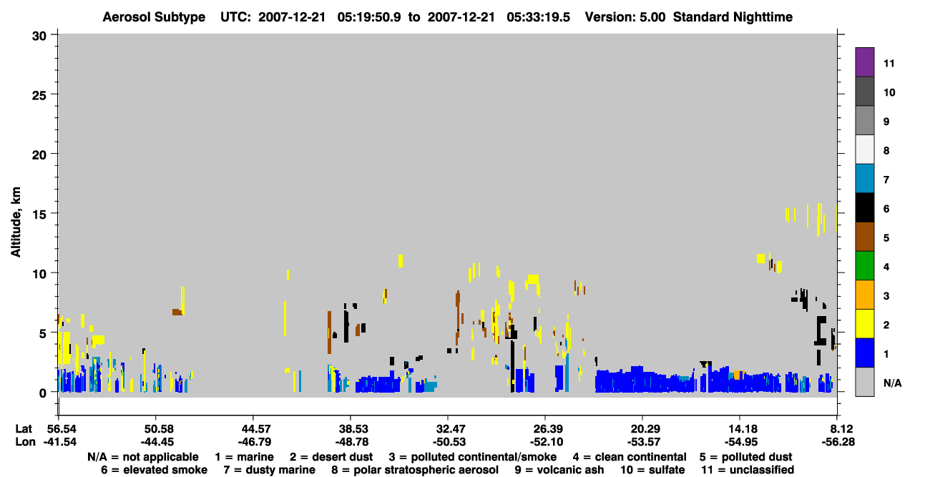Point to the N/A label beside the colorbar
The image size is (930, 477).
(x=892, y=383)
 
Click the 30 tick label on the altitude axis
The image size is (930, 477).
(x=39, y=36)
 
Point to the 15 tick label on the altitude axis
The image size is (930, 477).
(x=39, y=215)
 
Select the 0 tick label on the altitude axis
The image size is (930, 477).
(x=43, y=393)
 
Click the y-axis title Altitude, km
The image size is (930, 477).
(x=15, y=222)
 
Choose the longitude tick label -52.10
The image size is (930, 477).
(x=547, y=442)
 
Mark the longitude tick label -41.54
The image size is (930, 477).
(x=60, y=442)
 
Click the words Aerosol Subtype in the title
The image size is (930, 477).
(x=154, y=17)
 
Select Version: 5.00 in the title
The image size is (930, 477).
(x=625, y=17)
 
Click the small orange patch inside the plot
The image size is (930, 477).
(x=739, y=375)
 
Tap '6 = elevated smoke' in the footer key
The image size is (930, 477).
(x=154, y=470)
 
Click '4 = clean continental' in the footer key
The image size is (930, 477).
(x=630, y=457)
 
